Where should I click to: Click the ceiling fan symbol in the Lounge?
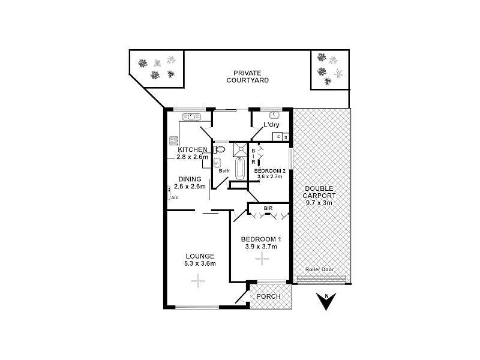coord(194,281)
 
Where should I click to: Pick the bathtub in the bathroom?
coord(240,169)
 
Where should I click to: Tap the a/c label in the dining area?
coord(175,197)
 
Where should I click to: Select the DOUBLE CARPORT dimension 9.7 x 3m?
coord(320,203)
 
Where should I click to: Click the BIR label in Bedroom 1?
coord(268,209)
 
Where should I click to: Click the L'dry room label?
coord(271,125)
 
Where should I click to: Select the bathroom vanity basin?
coord(217,163)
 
